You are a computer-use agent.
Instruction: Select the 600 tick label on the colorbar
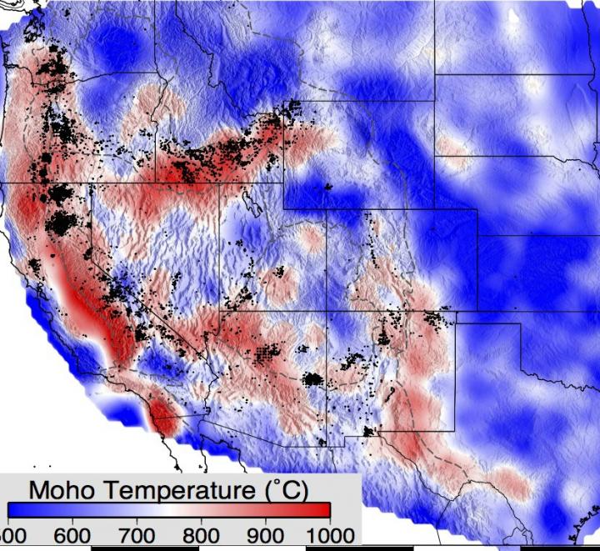click(x=74, y=533)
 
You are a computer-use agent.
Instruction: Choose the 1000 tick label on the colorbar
click(x=328, y=533)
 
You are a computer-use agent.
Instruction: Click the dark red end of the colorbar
click(x=321, y=510)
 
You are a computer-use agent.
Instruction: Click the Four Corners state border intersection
click(x=327, y=311)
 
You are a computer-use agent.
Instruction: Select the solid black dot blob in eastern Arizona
click(x=312, y=380)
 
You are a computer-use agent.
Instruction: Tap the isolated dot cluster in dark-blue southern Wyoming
click(x=328, y=187)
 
